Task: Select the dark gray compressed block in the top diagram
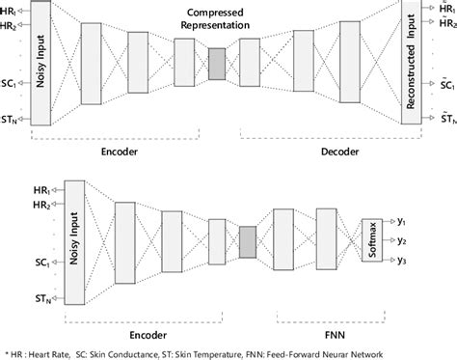216,63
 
